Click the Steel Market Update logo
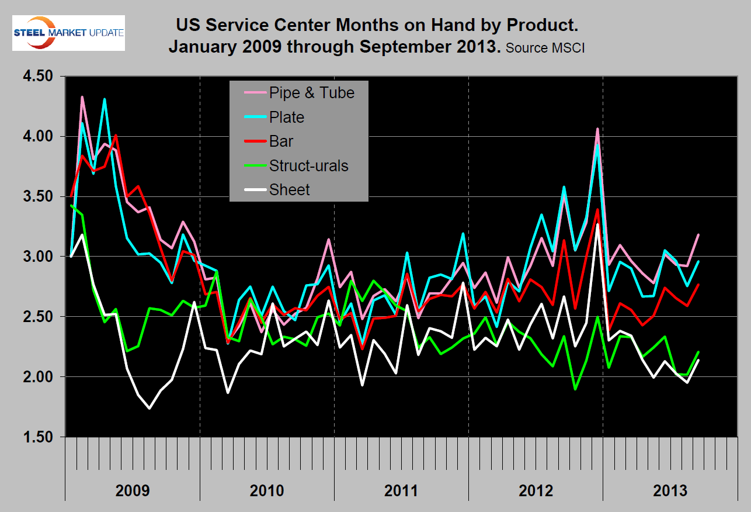click(69, 33)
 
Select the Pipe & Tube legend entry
click(311, 92)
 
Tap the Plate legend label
click(287, 117)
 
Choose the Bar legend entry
click(281, 141)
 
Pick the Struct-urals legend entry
click(308, 165)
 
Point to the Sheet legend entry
click(289, 189)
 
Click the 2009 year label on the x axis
click(133, 490)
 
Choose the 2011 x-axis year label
click(401, 490)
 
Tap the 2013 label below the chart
click(670, 490)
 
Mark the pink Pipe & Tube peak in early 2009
click(82, 97)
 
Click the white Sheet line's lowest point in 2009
click(149, 408)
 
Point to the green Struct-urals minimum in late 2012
click(575, 389)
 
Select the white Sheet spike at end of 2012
click(597, 224)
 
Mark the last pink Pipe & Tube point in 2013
click(698, 235)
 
